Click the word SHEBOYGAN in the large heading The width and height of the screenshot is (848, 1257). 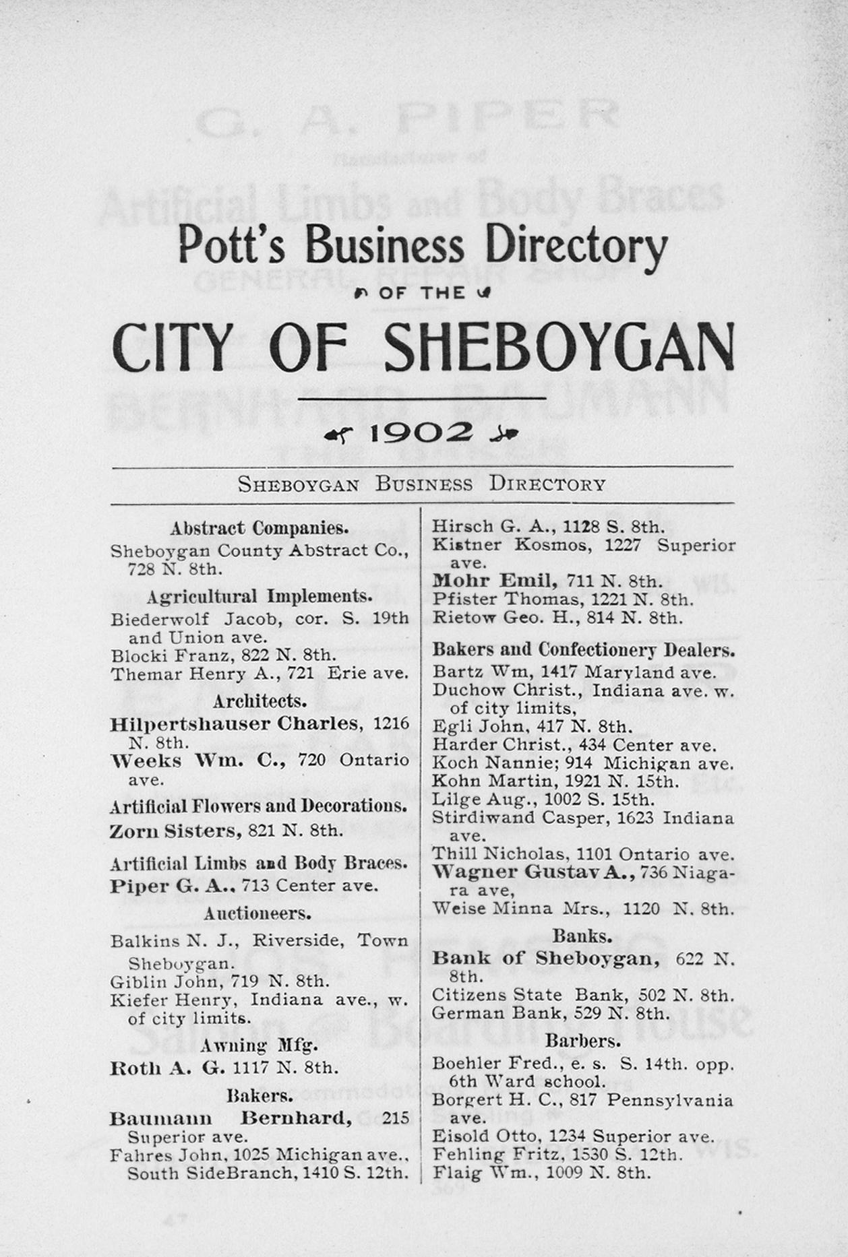tap(559, 347)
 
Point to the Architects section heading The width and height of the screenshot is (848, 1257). tap(260, 701)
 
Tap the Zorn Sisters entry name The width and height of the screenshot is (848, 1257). tap(175, 831)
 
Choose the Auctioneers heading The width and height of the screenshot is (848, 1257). tap(258, 913)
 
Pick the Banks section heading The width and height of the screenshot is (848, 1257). tap(582, 936)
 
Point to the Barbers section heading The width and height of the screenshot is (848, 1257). tap(583, 1041)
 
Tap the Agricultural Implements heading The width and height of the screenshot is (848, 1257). tap(260, 597)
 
